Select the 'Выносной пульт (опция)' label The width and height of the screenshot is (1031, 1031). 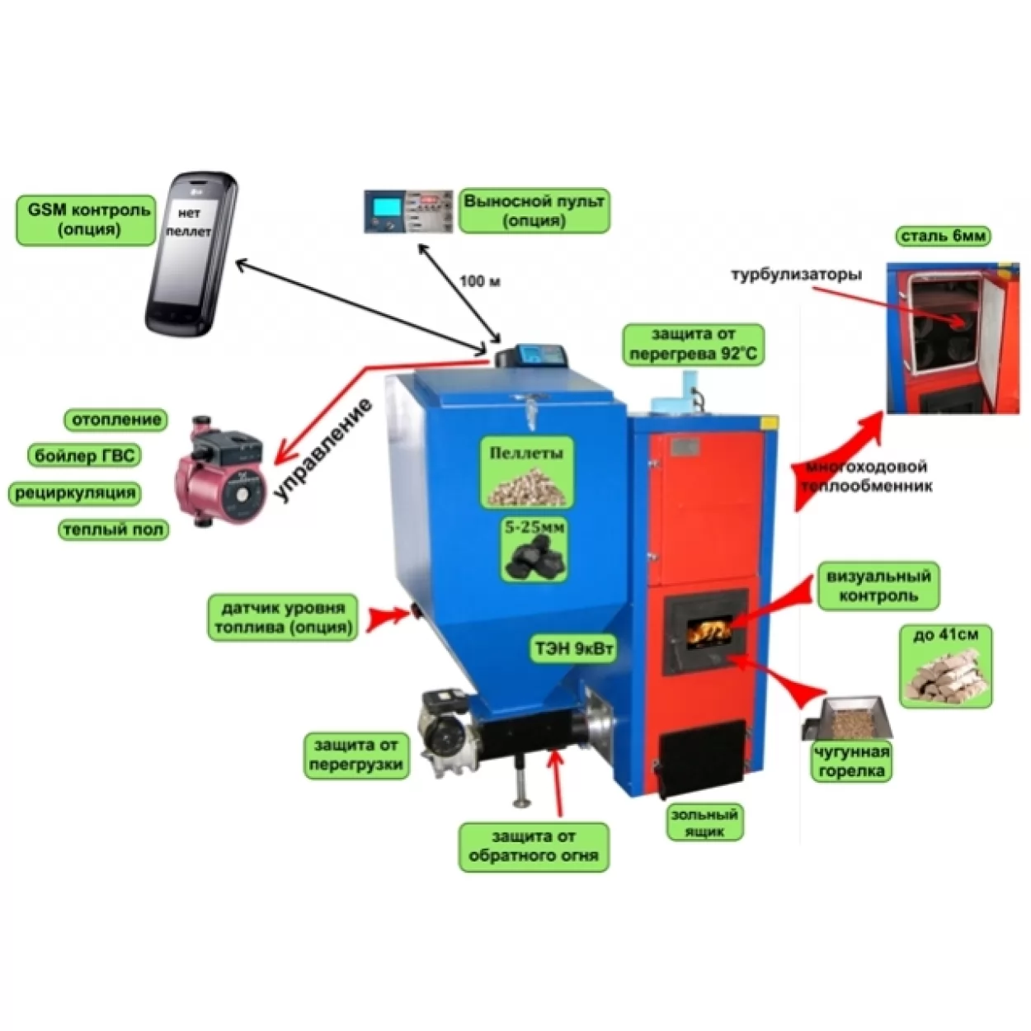[534, 211]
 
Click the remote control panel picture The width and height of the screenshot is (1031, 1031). [409, 211]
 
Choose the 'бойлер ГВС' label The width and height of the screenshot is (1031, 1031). [84, 455]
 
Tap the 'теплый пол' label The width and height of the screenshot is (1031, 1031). [113, 530]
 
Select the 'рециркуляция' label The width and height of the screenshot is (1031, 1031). [75, 493]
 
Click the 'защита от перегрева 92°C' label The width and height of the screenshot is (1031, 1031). [693, 345]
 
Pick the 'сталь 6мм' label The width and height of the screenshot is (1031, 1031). [943, 236]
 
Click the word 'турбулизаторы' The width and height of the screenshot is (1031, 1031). [796, 275]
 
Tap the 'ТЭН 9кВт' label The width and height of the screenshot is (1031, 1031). [574, 649]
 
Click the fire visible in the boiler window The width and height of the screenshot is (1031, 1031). [709, 632]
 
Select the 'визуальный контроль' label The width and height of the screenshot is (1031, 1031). [878, 586]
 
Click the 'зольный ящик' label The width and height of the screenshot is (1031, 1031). [704, 822]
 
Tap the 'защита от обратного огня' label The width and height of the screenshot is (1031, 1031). [533, 846]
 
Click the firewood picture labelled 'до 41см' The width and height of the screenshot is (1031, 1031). [945, 676]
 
